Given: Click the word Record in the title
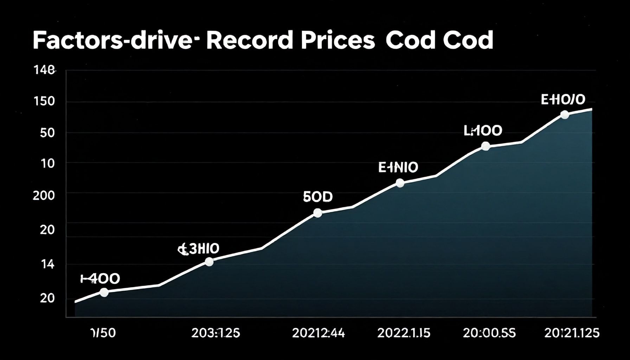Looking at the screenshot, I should click(x=249, y=41).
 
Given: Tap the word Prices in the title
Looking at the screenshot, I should click(x=337, y=41).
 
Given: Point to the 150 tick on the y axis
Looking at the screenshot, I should click(x=45, y=102).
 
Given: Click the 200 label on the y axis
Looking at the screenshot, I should click(x=44, y=195).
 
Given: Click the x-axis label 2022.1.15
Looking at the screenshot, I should click(x=404, y=333).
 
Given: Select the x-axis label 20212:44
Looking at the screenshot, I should click(x=319, y=333).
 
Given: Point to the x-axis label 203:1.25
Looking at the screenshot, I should click(x=216, y=333).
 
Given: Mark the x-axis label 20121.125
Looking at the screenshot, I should click(x=572, y=333).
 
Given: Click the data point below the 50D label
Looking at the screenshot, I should click(x=317, y=213).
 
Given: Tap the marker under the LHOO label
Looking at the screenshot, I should click(x=485, y=146).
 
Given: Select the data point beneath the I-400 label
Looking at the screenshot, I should click(x=104, y=292).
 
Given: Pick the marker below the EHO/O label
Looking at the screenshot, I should click(x=565, y=115).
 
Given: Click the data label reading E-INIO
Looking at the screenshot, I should click(x=398, y=168).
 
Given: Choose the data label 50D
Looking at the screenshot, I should click(x=317, y=197).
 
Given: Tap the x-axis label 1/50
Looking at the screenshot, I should click(x=103, y=333).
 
